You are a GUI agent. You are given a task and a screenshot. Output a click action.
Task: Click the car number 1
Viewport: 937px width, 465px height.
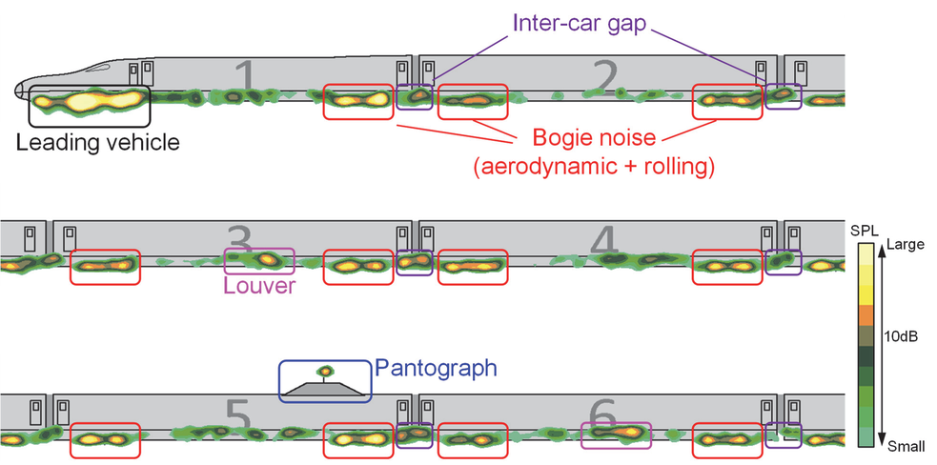(245, 76)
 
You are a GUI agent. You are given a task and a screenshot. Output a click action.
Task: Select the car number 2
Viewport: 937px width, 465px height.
(603, 75)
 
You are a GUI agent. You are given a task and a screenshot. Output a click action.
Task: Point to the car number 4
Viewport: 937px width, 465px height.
(604, 242)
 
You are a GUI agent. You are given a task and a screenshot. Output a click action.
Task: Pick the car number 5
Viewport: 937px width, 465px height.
(237, 414)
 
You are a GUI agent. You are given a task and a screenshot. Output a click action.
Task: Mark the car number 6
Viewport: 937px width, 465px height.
(603, 414)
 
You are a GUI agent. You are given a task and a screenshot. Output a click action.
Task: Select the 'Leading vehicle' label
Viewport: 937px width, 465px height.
(98, 143)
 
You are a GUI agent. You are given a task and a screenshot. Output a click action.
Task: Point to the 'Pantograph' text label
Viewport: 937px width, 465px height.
(436, 367)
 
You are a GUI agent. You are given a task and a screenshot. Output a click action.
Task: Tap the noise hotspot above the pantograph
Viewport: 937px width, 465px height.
(325, 370)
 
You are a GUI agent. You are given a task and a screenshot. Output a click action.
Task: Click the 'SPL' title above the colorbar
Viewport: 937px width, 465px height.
(861, 232)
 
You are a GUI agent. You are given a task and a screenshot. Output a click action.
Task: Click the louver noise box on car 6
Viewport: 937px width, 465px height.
(617, 435)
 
